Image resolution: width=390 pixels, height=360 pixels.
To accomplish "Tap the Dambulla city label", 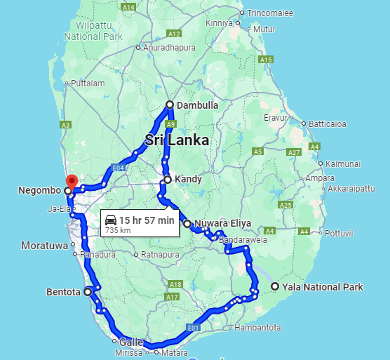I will (x=198, y=105).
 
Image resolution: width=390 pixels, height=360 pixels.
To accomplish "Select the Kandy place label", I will (x=188, y=179).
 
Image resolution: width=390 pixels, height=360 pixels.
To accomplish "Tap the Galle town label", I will (x=132, y=342).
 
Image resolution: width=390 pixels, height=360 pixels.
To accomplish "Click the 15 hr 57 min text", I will (x=147, y=220).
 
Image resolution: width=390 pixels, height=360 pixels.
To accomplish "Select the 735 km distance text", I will (x=118, y=230).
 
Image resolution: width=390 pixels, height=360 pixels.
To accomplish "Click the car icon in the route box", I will (x=111, y=220).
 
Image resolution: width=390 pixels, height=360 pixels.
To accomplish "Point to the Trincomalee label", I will (x=274, y=13).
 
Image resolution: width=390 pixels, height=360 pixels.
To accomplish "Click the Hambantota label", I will (x=257, y=328).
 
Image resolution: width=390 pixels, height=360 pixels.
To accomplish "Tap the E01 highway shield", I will (x=194, y=328).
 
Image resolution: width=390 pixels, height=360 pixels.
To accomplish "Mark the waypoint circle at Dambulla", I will (x=169, y=105).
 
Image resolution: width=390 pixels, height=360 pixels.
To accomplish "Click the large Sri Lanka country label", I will (x=177, y=140).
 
